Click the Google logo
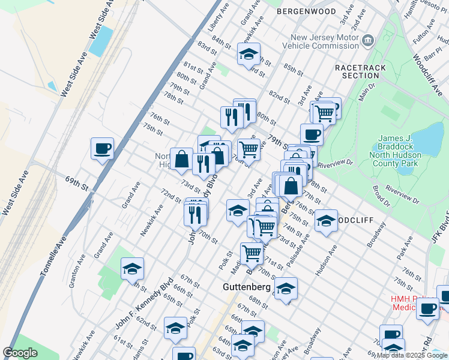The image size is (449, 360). coord(20,353)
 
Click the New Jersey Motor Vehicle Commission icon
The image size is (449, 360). coord(368,40)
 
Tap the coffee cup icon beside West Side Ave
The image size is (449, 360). coord(102,148)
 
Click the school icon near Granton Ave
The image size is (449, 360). coord(132,269)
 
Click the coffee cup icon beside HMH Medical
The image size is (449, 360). coord(427,309)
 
